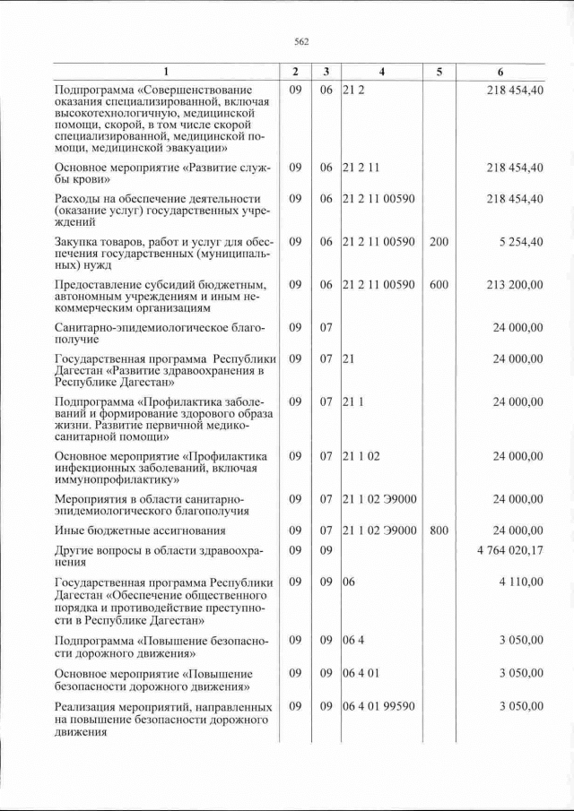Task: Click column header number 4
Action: tap(380, 72)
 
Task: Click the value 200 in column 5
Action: tap(439, 241)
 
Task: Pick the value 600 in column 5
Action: tap(439, 284)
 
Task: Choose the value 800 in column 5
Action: tap(439, 530)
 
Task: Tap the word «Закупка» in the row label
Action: tap(78, 241)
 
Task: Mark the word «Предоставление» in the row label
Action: tap(100, 284)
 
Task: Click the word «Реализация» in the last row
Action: tap(88, 706)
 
